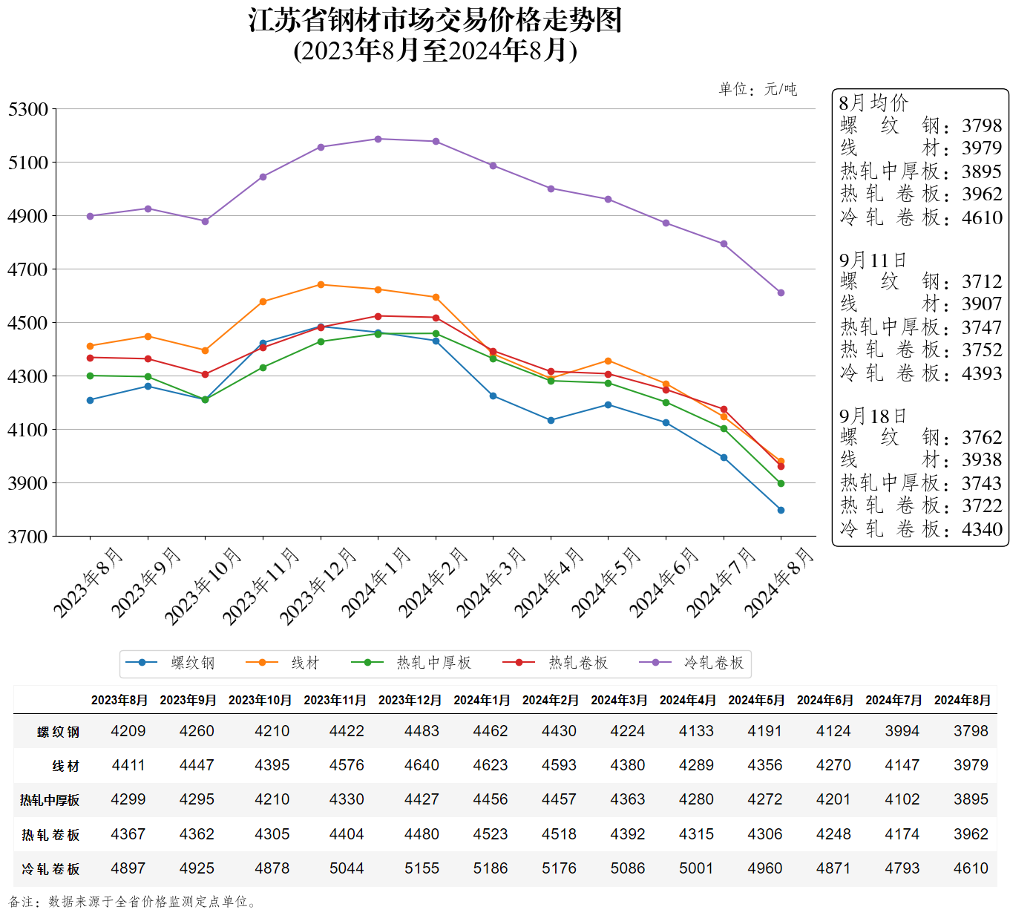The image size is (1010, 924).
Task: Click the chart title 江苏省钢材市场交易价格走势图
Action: (435, 21)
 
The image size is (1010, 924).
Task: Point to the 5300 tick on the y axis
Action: (28, 110)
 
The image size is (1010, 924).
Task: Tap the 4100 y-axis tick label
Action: (28, 430)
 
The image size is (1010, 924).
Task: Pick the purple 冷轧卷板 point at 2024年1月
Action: (378, 139)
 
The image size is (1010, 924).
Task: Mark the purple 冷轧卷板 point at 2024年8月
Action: (781, 292)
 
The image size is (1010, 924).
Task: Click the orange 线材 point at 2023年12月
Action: (321, 284)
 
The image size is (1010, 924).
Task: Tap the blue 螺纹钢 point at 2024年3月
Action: (493, 396)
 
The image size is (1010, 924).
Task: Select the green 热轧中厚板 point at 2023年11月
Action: (263, 367)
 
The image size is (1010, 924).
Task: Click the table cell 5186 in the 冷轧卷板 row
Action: (491, 868)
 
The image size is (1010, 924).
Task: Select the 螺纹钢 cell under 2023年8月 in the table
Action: (128, 731)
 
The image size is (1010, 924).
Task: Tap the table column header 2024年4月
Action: (688, 700)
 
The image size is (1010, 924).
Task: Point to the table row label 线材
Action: (65, 766)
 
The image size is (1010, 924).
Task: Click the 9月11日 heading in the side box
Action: (873, 261)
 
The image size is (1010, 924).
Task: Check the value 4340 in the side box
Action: (982, 529)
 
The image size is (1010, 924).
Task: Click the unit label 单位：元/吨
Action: (758, 90)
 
